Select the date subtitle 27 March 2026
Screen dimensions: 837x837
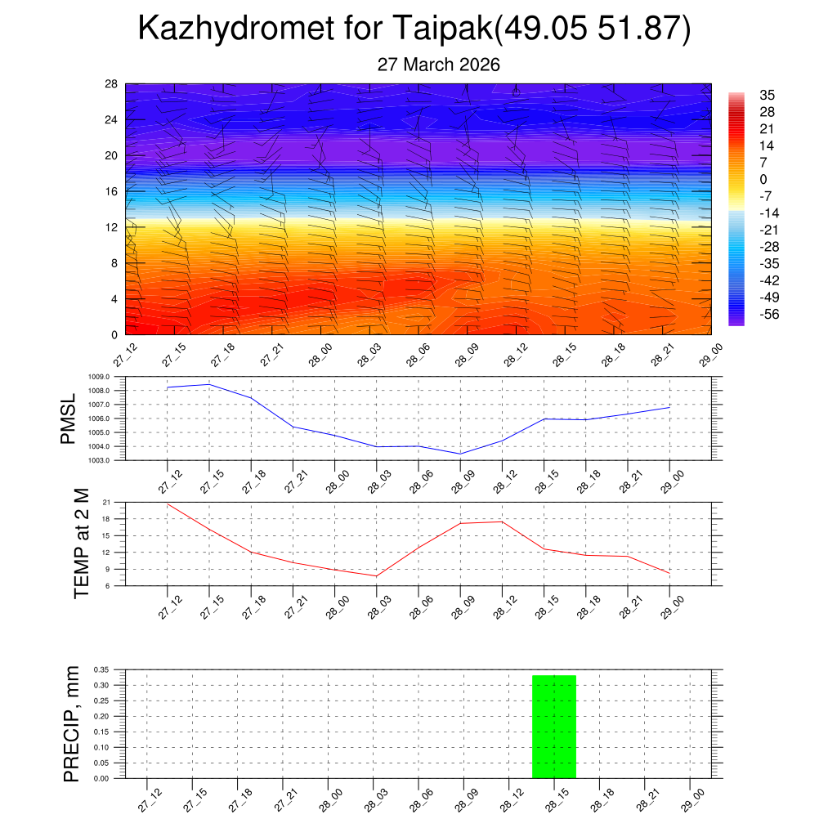click(x=438, y=65)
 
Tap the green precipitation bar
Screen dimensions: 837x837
click(x=554, y=727)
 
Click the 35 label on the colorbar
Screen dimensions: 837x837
click(x=767, y=95)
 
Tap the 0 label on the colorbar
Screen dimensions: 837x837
click(x=763, y=179)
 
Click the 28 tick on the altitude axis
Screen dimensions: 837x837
click(x=112, y=84)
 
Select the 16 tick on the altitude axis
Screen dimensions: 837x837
click(x=112, y=191)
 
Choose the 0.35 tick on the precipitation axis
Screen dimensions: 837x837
click(x=101, y=669)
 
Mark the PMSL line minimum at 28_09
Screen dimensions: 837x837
click(x=460, y=454)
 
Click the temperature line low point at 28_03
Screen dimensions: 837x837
click(x=376, y=576)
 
